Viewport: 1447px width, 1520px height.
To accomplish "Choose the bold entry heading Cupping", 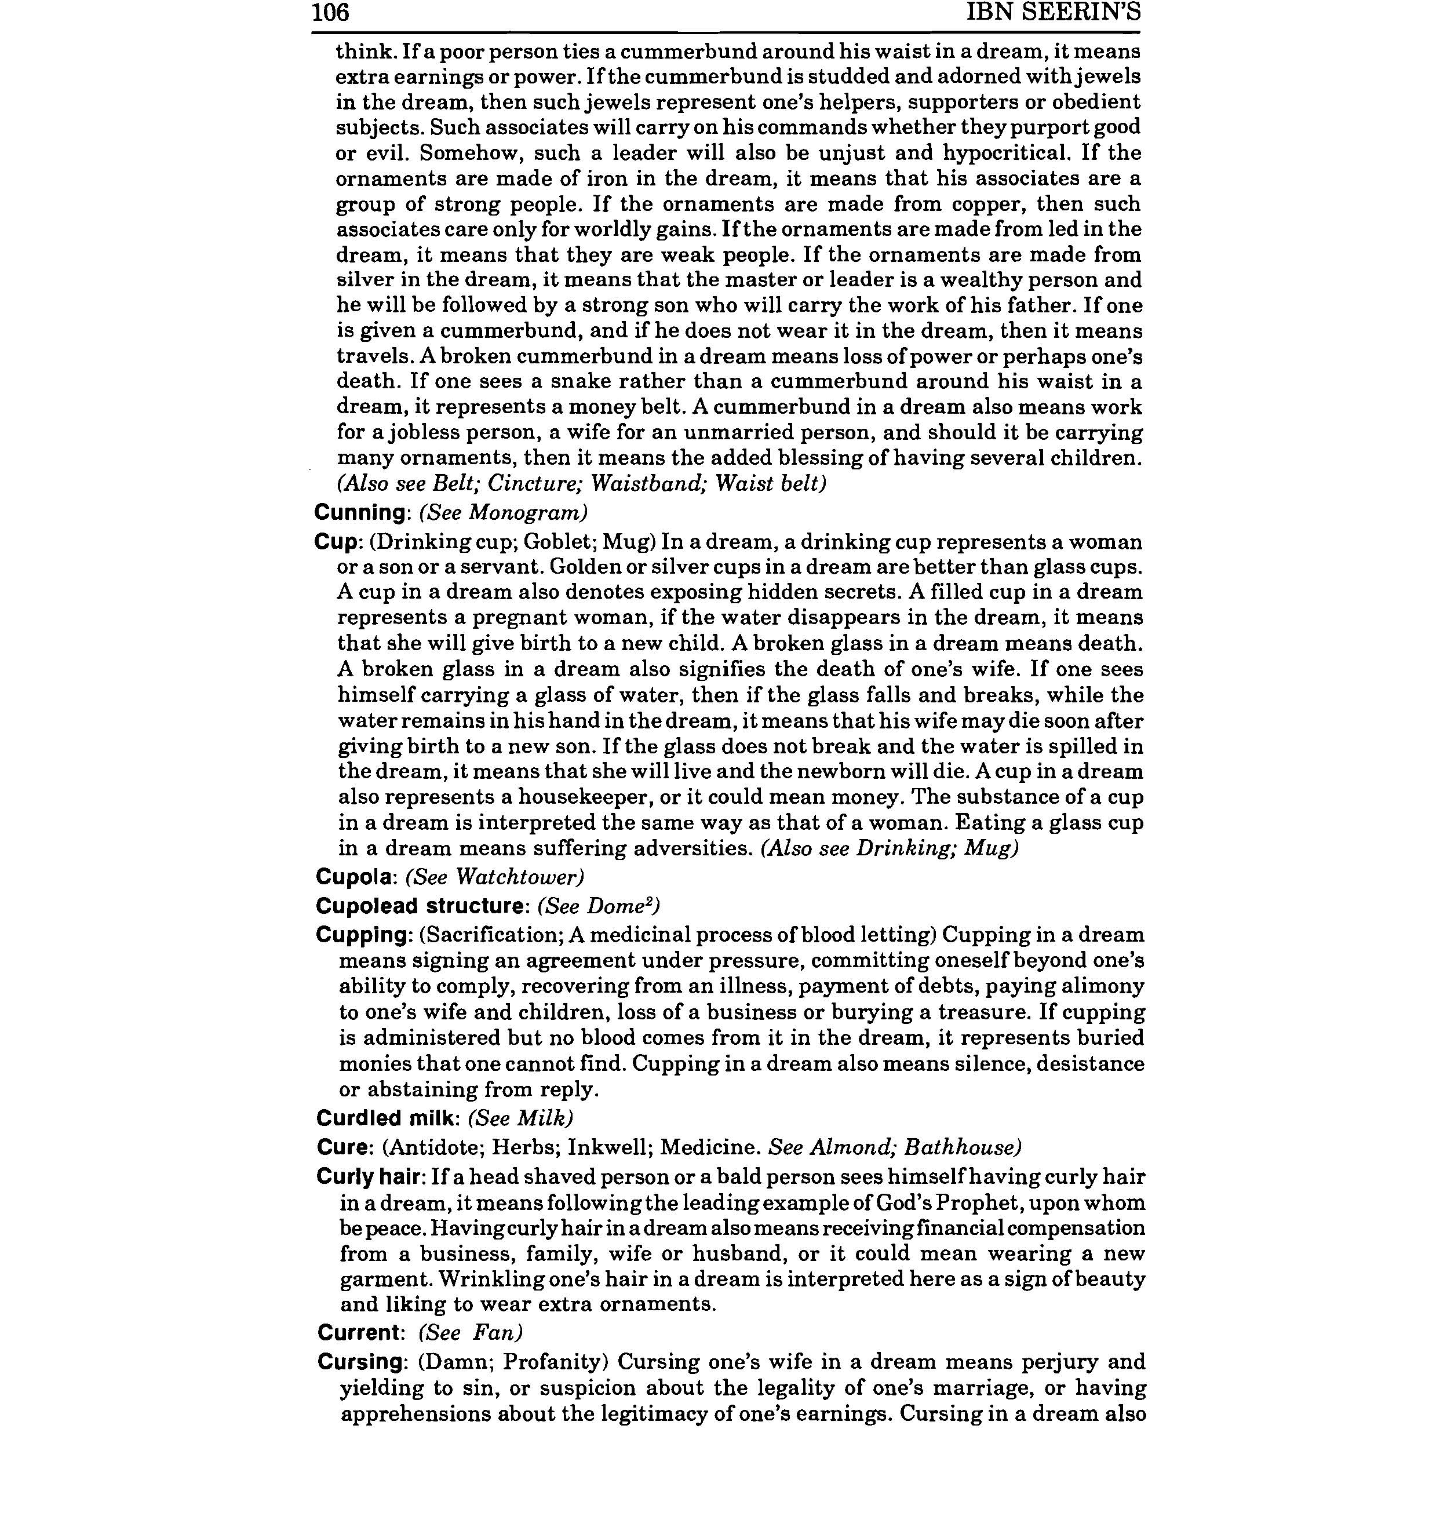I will point(362,935).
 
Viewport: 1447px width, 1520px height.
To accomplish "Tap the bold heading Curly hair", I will point(370,1178).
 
